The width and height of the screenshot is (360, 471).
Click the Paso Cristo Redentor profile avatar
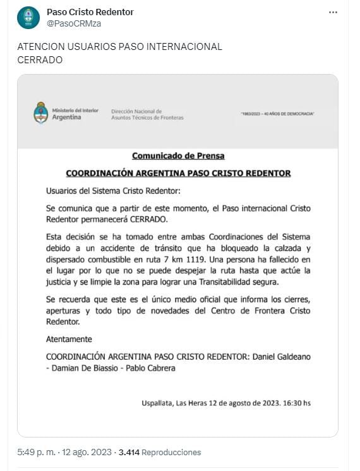[x=28, y=18]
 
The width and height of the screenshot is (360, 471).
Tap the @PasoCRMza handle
[x=75, y=23]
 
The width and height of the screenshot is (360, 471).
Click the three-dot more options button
[x=333, y=13]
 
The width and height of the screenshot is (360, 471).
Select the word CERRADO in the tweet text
[x=40, y=60]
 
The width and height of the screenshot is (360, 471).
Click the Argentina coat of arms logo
[x=41, y=113]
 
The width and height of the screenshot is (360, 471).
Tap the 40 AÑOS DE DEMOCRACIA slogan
[x=278, y=113]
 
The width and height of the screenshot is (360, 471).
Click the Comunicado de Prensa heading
[x=178, y=156]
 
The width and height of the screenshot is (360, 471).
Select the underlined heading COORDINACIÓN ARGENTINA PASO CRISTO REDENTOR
[x=178, y=173]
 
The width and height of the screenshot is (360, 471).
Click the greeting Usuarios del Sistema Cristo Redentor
[x=113, y=190]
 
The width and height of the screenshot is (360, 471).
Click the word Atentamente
[x=69, y=339]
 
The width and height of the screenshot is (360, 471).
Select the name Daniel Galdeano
[x=281, y=357]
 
